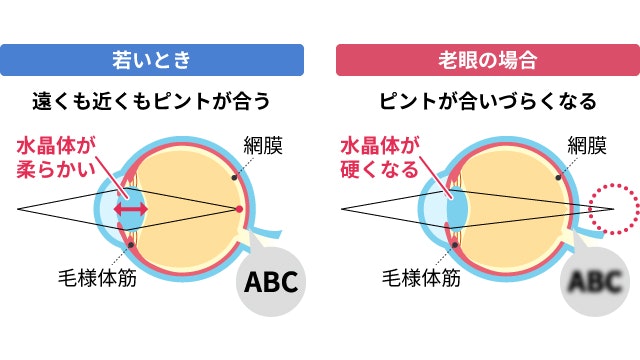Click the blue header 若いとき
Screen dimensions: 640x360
coord(152,59)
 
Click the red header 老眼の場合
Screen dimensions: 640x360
coord(487,59)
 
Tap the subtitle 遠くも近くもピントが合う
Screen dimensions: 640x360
coord(152,102)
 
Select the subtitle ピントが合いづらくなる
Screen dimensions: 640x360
coord(488,102)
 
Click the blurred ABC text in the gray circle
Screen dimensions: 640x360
coord(597,281)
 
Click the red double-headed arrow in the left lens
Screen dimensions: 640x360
coord(130,209)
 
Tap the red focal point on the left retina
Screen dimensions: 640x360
coord(239,208)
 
